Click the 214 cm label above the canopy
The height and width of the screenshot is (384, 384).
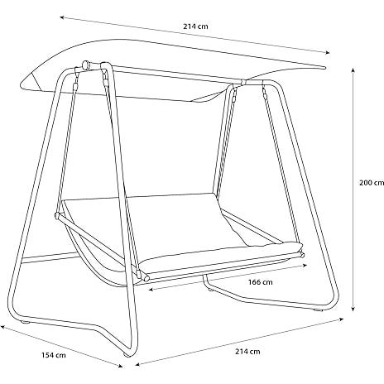click(195, 26)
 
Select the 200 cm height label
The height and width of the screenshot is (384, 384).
click(372, 183)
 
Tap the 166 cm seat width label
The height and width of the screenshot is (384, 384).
click(260, 282)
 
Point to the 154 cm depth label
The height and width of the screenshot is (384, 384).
click(54, 355)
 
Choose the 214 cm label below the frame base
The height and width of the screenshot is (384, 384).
click(247, 352)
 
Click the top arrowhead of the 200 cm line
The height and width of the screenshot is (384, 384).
click(353, 70)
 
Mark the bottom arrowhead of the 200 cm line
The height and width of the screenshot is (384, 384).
click(353, 309)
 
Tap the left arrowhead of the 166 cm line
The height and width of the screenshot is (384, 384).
click(151, 290)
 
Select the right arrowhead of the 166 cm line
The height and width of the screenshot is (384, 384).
click(305, 266)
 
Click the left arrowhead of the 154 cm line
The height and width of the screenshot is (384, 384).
click(2, 327)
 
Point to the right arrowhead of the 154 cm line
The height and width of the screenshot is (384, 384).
click(120, 366)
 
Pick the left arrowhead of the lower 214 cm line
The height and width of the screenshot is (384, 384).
click(138, 365)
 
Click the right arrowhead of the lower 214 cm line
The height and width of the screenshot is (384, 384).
click(342, 319)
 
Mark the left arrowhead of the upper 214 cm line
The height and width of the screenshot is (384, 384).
click(62, 17)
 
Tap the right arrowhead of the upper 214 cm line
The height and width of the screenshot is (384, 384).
click(328, 52)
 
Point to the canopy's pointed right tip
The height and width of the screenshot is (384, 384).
click(325, 68)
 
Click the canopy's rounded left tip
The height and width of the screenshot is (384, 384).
click(22, 84)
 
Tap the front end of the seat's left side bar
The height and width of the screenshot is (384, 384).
click(146, 277)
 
